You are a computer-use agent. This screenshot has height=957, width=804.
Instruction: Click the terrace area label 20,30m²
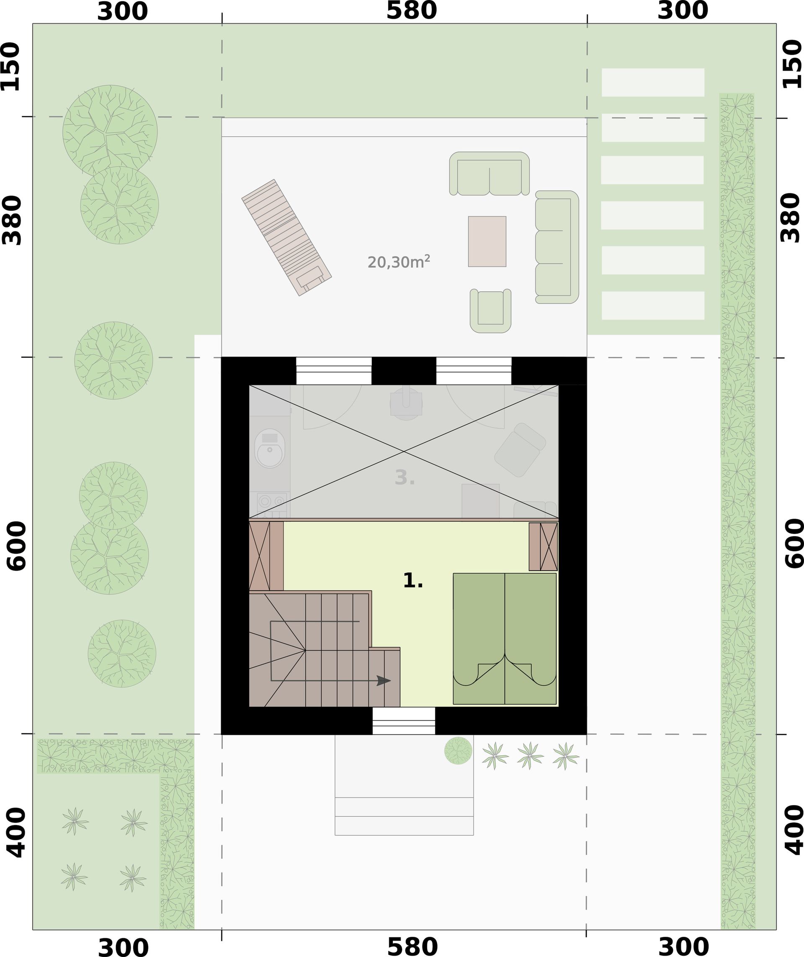click(x=399, y=262)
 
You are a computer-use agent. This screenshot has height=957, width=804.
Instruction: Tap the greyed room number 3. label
click(x=405, y=477)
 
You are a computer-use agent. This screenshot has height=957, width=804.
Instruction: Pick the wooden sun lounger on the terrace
click(x=286, y=237)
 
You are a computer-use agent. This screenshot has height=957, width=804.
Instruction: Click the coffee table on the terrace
click(x=487, y=241)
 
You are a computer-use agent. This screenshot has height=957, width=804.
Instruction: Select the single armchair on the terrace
click(x=491, y=310)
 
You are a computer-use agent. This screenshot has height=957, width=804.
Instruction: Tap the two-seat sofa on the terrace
click(x=490, y=174)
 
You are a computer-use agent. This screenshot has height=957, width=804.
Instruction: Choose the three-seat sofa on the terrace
click(x=557, y=247)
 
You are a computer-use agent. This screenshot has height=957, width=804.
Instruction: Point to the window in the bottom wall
click(x=404, y=721)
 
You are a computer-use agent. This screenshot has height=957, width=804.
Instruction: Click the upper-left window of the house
click(x=334, y=370)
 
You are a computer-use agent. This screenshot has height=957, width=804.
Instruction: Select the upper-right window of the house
click(x=474, y=370)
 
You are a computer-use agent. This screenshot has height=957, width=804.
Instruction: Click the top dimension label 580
click(x=411, y=11)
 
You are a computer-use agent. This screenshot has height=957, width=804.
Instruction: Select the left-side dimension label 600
click(x=17, y=546)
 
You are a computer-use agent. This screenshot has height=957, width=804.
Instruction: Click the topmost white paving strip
click(x=653, y=82)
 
